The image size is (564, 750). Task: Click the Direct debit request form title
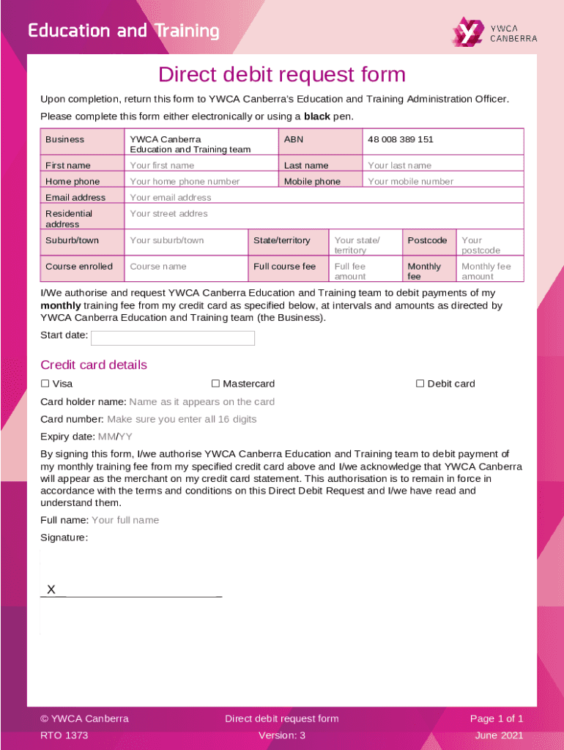(x=282, y=75)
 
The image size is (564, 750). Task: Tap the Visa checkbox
(x=45, y=384)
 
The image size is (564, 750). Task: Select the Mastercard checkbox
(x=215, y=384)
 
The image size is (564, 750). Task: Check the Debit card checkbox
(x=420, y=384)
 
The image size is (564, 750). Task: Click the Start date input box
(x=172, y=338)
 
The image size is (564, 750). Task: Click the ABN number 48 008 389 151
(x=400, y=139)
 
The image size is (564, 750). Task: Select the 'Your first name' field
(x=162, y=166)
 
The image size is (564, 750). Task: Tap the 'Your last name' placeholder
(x=399, y=166)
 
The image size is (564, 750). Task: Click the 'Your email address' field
(x=170, y=198)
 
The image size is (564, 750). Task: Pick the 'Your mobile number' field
(x=410, y=182)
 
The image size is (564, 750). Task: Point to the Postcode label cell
(x=427, y=240)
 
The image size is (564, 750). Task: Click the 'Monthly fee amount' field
(x=486, y=271)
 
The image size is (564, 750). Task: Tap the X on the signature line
(x=51, y=590)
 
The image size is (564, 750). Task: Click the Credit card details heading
(x=93, y=365)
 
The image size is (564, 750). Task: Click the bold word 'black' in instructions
(x=316, y=116)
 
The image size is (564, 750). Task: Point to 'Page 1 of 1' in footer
(x=497, y=719)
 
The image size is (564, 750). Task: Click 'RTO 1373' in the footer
(x=64, y=735)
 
